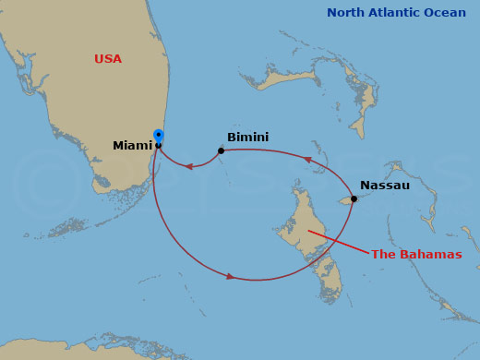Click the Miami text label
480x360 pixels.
132,146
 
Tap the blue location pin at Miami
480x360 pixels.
158,137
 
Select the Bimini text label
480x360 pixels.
247,138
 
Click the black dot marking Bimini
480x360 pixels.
221,150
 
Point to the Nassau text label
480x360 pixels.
384,186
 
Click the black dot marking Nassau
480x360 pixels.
354,198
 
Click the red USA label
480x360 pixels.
108,59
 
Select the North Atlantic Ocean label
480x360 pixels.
398,13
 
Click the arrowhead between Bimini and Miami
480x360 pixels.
189,167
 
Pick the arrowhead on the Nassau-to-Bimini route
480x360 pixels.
307,159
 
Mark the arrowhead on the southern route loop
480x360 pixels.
230,275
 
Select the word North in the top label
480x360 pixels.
347,13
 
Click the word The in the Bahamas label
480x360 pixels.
383,255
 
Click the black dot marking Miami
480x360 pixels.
158,146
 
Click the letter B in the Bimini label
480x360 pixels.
232,138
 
